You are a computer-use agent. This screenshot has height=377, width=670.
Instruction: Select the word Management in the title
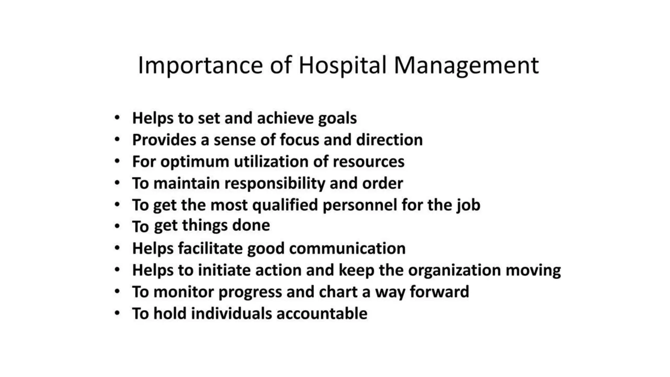pyautogui.click(x=466, y=65)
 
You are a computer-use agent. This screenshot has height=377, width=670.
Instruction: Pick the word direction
pyautogui.click(x=389, y=140)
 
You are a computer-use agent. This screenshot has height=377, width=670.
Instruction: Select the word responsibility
pyautogui.click(x=275, y=184)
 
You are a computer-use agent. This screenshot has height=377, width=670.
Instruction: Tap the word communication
pyautogui.click(x=347, y=248)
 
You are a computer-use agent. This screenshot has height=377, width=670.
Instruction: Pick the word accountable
pyautogui.click(x=322, y=314)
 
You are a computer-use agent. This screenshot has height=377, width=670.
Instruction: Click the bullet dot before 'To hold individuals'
pyautogui.click(x=117, y=313)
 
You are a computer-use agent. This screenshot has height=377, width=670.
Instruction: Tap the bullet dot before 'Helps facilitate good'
pyautogui.click(x=117, y=248)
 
